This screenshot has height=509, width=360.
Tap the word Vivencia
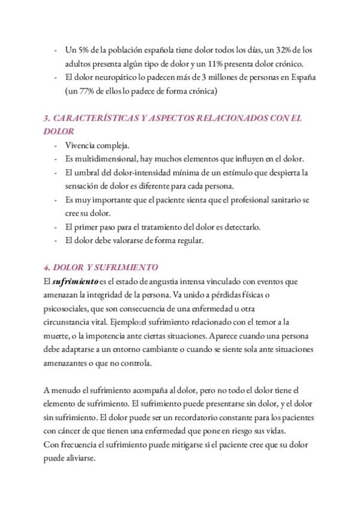(x=80, y=145)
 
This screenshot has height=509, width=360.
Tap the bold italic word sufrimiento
(x=74, y=281)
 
